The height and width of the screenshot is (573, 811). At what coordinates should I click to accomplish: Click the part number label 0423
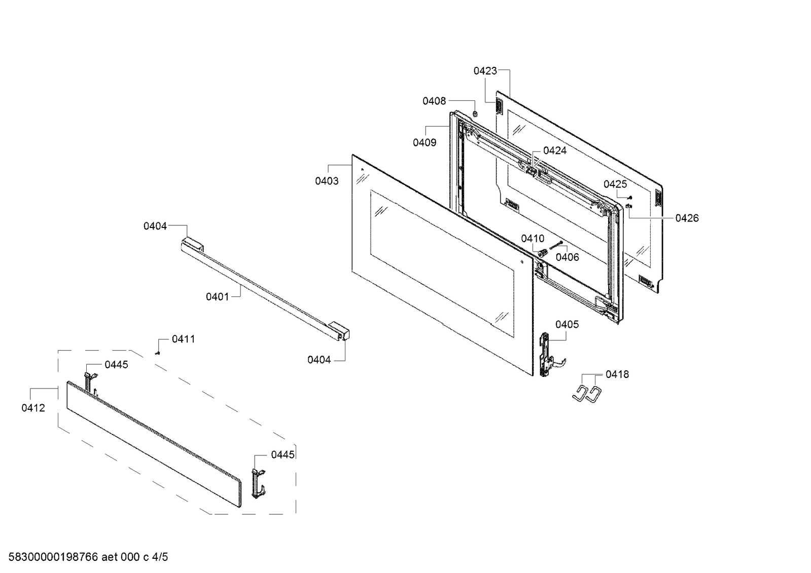click(x=485, y=71)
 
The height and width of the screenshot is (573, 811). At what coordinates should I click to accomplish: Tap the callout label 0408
click(x=434, y=101)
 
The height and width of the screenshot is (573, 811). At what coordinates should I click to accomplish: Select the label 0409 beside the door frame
click(x=424, y=143)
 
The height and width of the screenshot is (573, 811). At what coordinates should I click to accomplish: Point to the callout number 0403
click(x=327, y=181)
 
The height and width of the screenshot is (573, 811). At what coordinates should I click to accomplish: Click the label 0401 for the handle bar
click(x=217, y=296)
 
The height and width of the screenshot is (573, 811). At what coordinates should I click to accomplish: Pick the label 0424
click(x=555, y=150)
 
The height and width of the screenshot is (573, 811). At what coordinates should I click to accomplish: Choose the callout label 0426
click(x=687, y=218)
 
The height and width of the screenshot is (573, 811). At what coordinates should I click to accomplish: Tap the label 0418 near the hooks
click(x=617, y=374)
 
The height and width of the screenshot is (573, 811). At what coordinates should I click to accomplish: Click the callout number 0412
click(x=33, y=408)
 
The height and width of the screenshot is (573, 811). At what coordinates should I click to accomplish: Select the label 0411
click(x=183, y=339)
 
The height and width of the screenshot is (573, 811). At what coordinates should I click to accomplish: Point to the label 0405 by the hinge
click(x=567, y=324)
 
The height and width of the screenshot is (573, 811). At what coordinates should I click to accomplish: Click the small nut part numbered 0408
click(x=475, y=113)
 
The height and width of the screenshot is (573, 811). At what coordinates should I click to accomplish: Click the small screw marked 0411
click(x=158, y=353)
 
